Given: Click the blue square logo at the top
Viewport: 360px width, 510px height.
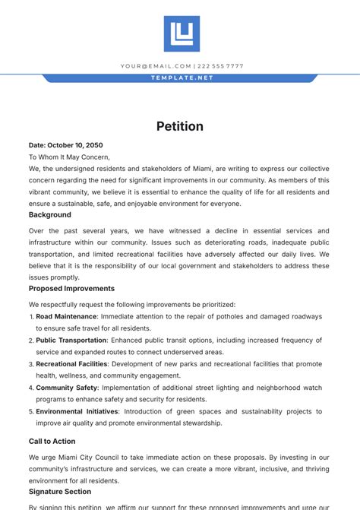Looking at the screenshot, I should (x=182, y=33).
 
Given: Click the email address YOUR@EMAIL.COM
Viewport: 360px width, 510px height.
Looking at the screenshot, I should (x=155, y=66).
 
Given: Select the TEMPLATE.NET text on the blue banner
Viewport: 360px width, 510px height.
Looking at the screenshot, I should (x=182, y=78).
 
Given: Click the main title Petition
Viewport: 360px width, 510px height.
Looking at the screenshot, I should (x=180, y=126).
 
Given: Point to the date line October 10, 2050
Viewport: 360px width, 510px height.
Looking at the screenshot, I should (x=65, y=145).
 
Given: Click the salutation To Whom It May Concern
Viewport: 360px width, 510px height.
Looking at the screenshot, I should (x=69, y=157).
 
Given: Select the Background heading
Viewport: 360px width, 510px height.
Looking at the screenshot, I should (x=49, y=215).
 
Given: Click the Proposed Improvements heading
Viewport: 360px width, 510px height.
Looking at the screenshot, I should (x=71, y=289).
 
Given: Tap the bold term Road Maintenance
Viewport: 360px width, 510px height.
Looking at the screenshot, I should (x=66, y=316).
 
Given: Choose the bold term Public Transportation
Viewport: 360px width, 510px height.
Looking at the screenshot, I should (x=71, y=341).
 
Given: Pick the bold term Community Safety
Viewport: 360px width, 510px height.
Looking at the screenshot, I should (x=65, y=388).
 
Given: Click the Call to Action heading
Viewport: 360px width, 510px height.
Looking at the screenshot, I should (x=52, y=441).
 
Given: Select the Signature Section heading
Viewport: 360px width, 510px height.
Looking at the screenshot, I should (x=60, y=492).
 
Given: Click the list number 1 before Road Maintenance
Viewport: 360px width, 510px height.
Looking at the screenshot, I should (x=31, y=317).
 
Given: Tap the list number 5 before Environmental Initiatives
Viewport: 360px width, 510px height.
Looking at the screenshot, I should (x=31, y=412).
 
